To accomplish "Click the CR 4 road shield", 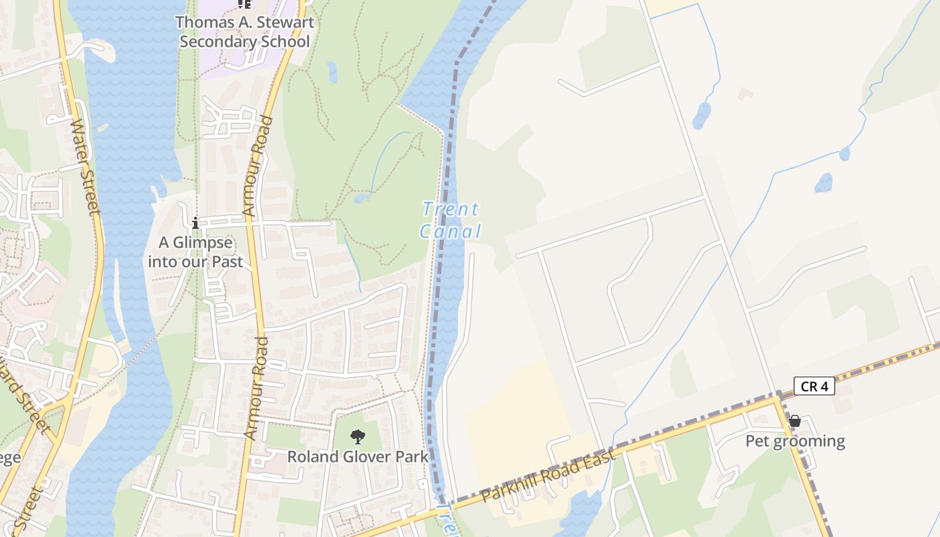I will tap(814, 386).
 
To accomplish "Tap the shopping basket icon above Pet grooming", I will tap(795, 421).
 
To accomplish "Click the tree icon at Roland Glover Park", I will tap(358, 437).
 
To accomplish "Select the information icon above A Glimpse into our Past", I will tap(195, 223).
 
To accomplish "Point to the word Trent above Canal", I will tap(451, 209).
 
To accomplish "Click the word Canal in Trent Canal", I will tap(451, 232).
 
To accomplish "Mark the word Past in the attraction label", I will tap(228, 261).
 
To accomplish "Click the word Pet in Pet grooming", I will tap(757, 441).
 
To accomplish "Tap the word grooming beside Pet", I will tap(809, 442).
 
